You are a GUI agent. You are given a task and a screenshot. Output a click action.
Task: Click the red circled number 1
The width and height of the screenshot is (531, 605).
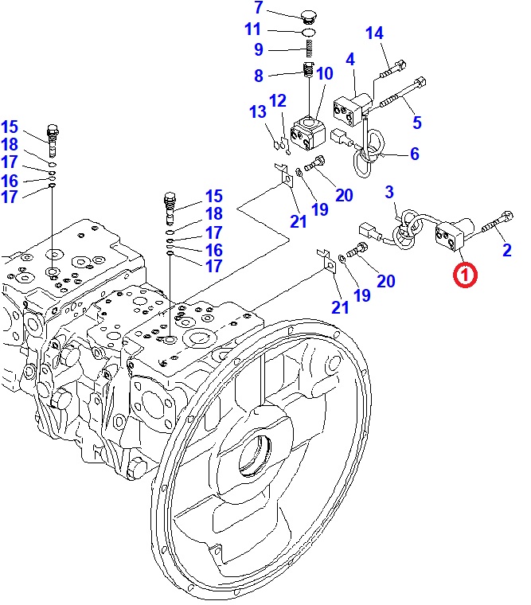click(x=465, y=275)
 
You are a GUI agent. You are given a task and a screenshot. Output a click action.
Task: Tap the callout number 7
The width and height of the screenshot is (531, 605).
click(x=258, y=9)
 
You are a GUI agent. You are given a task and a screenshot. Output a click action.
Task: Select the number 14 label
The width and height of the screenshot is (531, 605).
click(x=374, y=33)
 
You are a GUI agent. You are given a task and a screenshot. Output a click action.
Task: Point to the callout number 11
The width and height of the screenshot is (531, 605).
click(x=252, y=29)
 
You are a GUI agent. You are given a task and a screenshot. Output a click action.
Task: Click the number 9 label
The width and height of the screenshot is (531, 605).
click(x=258, y=49)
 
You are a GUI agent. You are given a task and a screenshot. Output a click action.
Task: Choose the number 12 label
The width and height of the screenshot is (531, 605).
click(x=277, y=101)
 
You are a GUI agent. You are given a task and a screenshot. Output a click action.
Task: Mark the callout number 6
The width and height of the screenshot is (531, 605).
click(x=415, y=154)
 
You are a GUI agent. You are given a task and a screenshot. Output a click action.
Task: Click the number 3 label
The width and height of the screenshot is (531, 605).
click(x=389, y=192)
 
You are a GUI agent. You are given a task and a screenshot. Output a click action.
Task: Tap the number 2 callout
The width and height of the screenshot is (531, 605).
click(x=506, y=251)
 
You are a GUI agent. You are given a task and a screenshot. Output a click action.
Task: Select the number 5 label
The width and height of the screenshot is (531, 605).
click(x=417, y=122)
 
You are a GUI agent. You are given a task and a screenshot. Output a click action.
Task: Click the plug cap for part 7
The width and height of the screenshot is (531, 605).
click(x=309, y=14)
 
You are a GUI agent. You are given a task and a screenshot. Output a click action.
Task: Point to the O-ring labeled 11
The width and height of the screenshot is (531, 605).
click(x=309, y=32)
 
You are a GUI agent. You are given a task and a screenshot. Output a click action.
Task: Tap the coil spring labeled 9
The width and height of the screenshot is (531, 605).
click(x=309, y=50)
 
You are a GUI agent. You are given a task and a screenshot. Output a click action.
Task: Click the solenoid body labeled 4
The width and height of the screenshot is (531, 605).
click(x=353, y=107)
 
